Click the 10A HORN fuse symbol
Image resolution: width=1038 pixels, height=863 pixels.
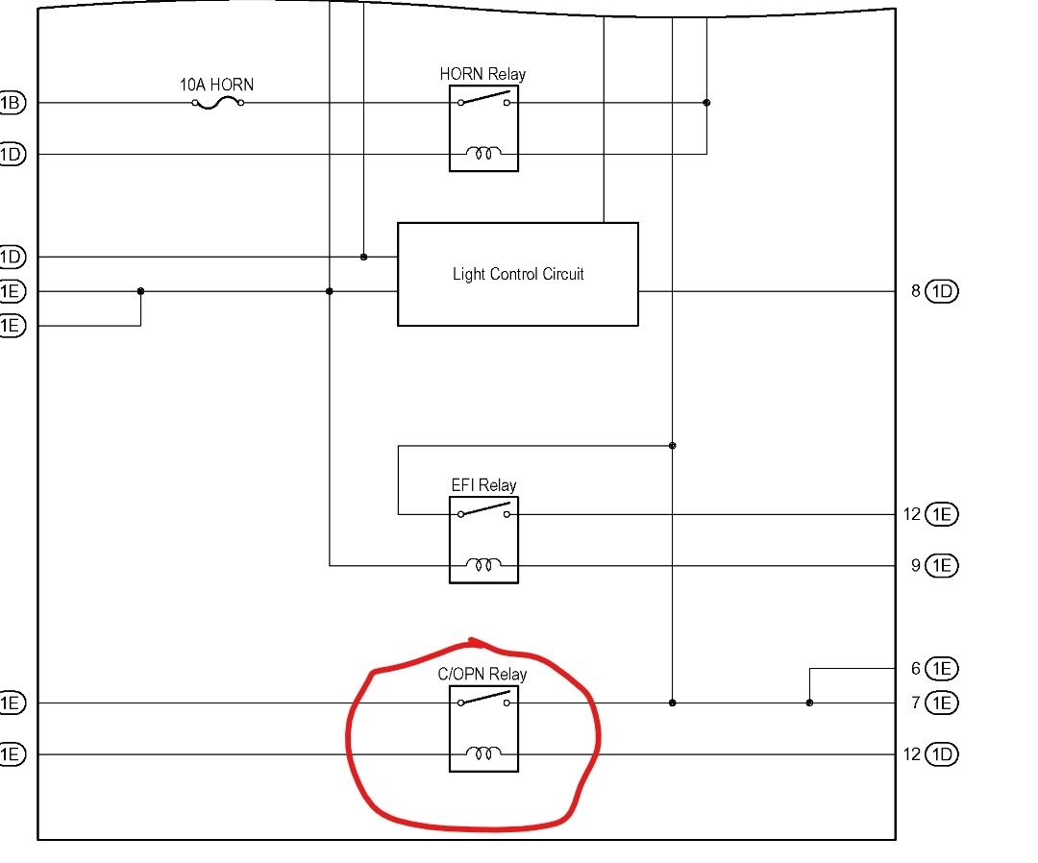pos(218,103)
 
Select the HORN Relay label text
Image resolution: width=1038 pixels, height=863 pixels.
pos(482,74)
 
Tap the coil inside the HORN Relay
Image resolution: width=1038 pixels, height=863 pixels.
pos(483,154)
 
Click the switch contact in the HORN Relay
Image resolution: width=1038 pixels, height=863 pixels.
pos(483,101)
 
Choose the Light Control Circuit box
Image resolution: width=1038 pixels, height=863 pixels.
pos(518,274)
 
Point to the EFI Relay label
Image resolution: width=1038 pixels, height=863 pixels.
pos(483,485)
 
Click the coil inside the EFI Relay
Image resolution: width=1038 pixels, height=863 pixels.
pos(483,565)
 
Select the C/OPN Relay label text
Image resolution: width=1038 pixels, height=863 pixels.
pos(482,674)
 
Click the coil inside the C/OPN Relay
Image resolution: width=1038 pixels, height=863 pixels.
pos(483,754)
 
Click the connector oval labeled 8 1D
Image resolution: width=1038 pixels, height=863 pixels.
pos(942,291)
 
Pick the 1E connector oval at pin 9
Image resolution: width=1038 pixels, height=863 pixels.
pos(942,565)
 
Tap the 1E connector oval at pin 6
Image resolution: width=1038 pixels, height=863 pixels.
pos(942,669)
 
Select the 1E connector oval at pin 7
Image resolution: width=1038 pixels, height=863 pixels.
pos(942,703)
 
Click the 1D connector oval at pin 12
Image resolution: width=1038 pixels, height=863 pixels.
pos(942,754)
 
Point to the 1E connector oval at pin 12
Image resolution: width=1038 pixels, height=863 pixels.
pos(942,514)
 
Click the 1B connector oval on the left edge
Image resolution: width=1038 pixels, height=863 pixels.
pos(12,103)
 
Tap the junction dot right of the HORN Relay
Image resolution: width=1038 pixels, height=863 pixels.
pos(706,103)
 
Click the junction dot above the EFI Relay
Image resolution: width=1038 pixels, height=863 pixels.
pos(672,446)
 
